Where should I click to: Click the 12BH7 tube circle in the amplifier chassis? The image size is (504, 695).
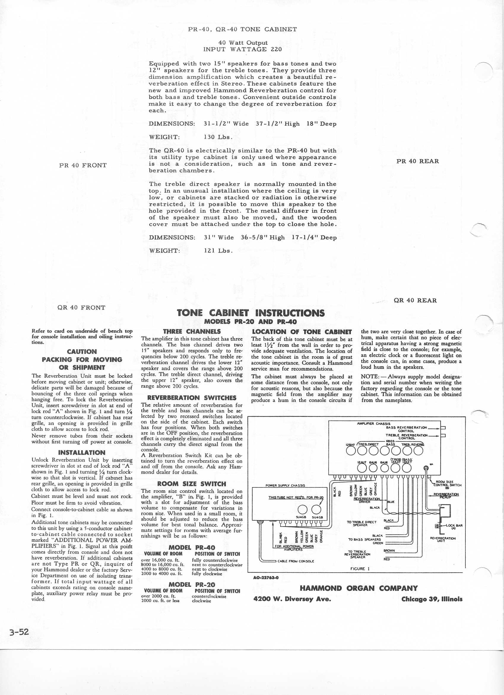351,450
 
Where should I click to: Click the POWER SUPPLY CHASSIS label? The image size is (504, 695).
285,485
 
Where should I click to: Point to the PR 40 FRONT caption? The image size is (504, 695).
83,165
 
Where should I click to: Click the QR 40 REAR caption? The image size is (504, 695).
415,300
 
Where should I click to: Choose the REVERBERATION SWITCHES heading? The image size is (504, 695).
192,398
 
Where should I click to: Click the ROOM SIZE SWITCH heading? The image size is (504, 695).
192,484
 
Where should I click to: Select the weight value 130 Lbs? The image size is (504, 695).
218,137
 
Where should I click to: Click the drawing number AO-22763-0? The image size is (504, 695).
266,578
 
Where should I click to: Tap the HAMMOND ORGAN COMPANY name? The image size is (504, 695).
359,588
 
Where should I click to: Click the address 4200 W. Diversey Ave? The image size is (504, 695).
292,599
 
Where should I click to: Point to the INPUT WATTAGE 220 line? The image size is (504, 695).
243,49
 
